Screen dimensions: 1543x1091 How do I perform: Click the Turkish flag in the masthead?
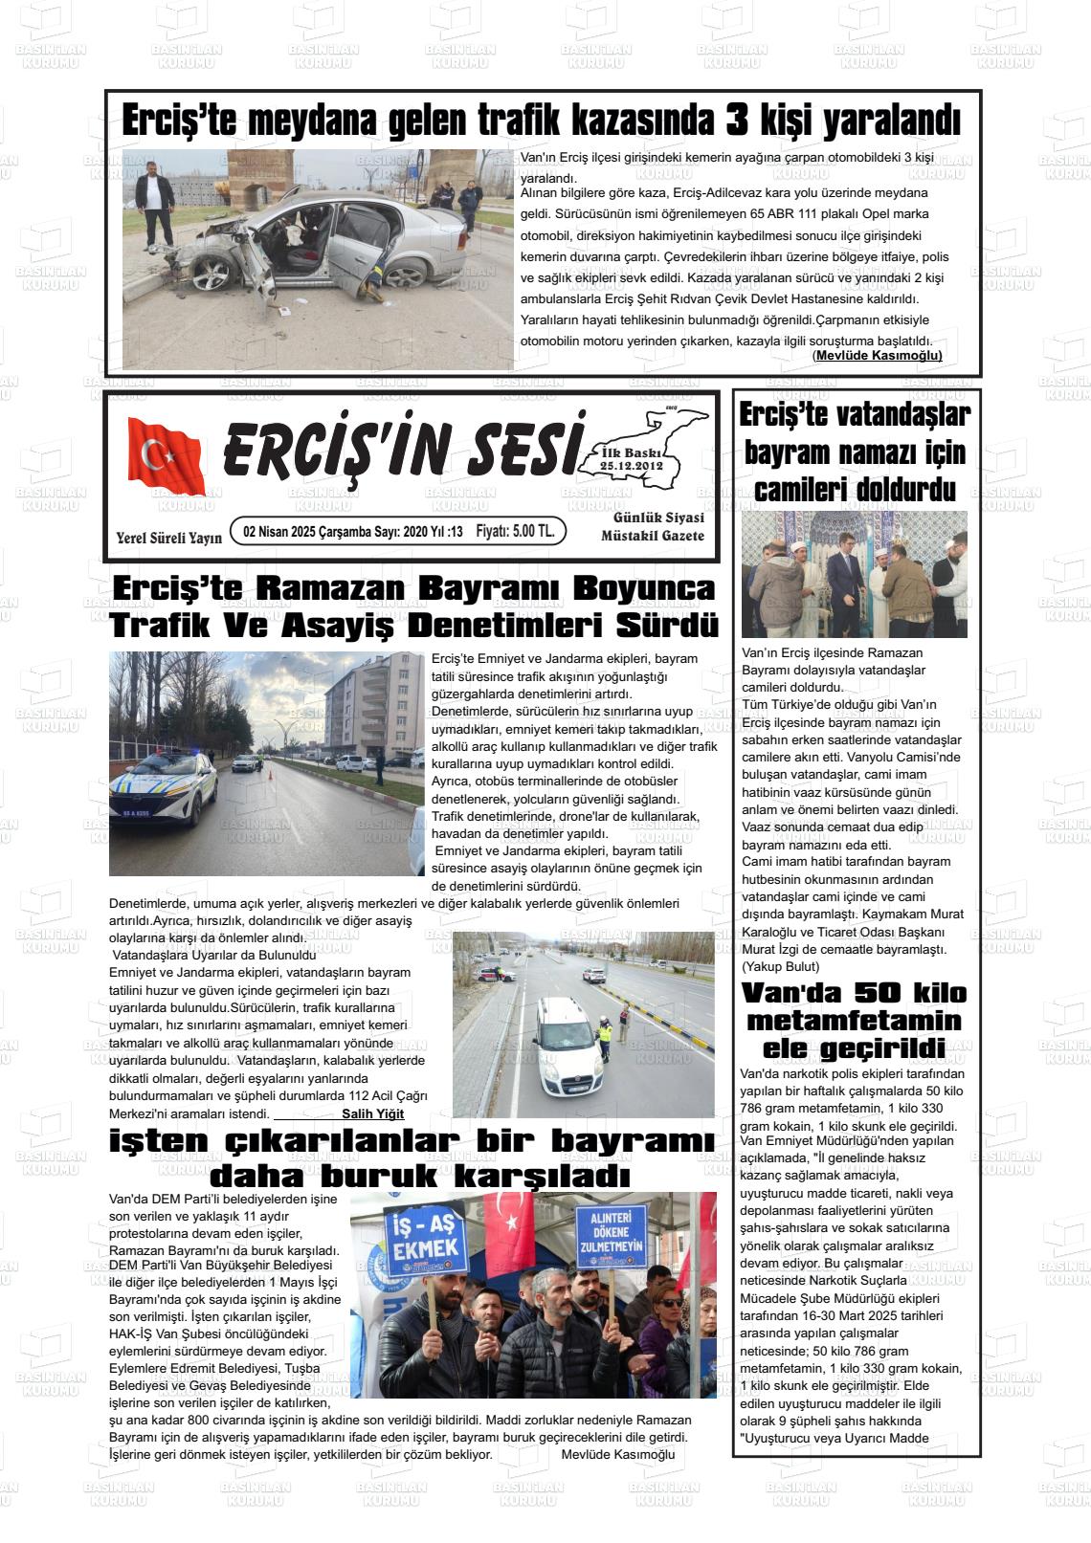166,456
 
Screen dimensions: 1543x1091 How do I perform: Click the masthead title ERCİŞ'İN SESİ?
402,447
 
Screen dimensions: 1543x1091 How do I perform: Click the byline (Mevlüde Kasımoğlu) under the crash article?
878,356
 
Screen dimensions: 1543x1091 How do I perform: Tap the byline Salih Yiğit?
372,1113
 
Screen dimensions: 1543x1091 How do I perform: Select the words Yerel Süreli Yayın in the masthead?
168,538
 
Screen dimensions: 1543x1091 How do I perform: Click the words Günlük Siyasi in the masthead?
657,518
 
